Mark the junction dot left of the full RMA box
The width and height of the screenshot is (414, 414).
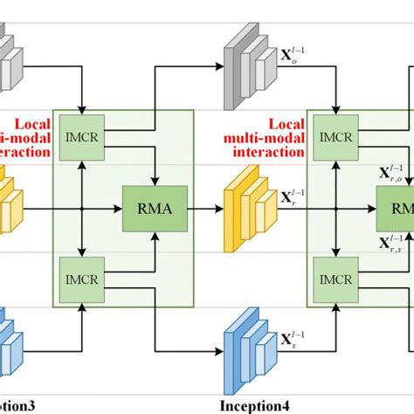click(x=80, y=209)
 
